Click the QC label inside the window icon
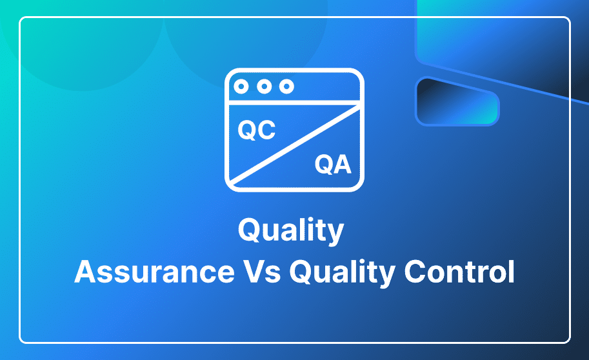pyautogui.click(x=257, y=130)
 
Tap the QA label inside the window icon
pyautogui.click(x=333, y=165)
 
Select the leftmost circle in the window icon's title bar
pyautogui.click(x=241, y=86)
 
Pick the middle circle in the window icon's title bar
pyautogui.click(x=264, y=86)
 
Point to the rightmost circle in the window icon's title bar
pyautogui.click(x=286, y=86)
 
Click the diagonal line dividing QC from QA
pyautogui.click(x=294, y=145)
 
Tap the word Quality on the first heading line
pyautogui.click(x=291, y=230)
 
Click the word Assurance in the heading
pyautogui.click(x=154, y=272)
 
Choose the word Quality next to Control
pyautogui.click(x=342, y=272)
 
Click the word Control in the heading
pyautogui.click(x=459, y=272)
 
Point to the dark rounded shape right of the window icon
pyautogui.click(x=457, y=101)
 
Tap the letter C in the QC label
pyautogui.click(x=266, y=130)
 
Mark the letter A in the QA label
pyautogui.click(x=343, y=165)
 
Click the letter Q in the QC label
pyautogui.click(x=247, y=130)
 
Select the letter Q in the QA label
pyautogui.click(x=324, y=165)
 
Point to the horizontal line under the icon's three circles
pyautogui.click(x=294, y=103)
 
